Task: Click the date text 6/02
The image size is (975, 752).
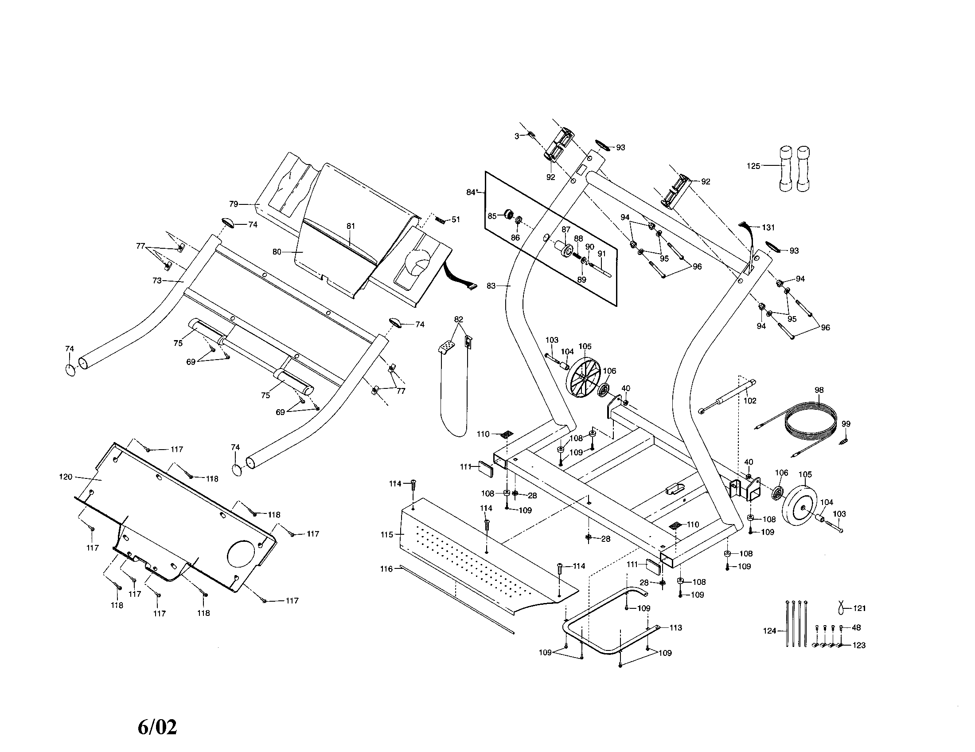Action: coord(157,727)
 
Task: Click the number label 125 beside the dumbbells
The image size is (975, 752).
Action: coord(753,166)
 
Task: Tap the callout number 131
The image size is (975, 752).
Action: coord(768,228)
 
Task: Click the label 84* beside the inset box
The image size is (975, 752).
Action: coord(472,192)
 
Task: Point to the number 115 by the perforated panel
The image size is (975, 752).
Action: coord(386,535)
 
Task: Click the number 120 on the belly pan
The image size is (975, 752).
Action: coord(66,477)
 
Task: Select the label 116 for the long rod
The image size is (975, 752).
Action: coord(386,569)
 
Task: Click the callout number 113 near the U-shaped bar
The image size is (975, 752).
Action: coord(675,628)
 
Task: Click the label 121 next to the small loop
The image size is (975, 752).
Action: coord(859,608)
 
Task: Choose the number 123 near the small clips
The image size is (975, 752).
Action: coord(859,645)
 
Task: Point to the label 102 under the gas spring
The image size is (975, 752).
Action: coord(750,401)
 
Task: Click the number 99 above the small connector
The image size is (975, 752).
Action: coord(846,424)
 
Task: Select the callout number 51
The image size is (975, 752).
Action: coord(455,220)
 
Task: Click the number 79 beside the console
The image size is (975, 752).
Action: coord(234,204)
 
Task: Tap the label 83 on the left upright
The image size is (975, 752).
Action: coord(491,286)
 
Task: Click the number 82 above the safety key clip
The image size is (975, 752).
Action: coord(459,319)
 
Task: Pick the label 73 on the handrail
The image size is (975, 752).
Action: coord(157,281)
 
